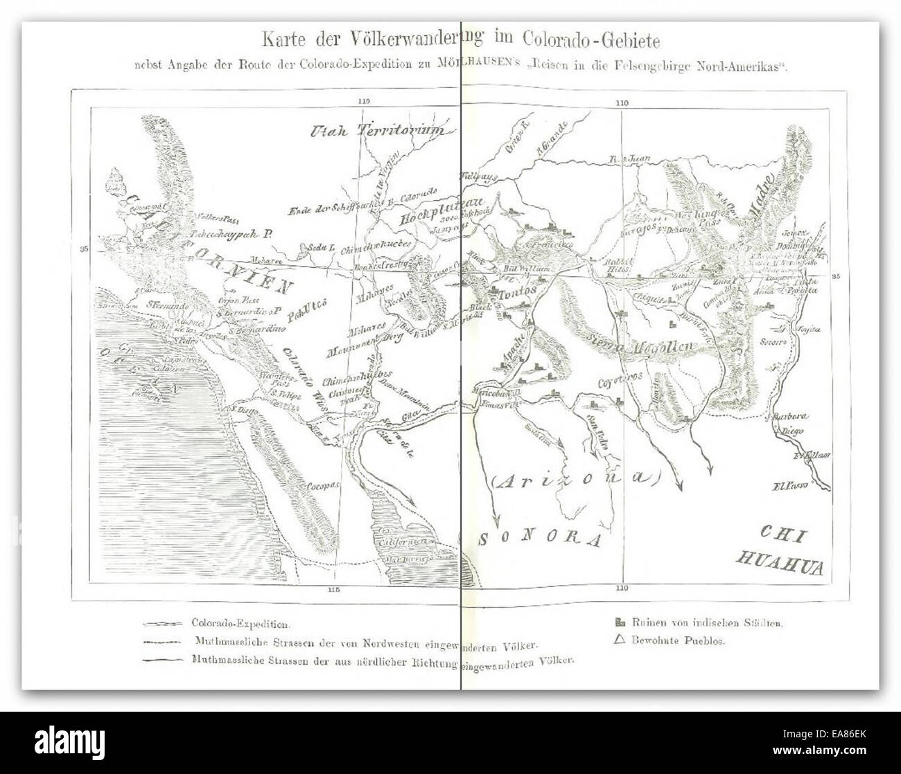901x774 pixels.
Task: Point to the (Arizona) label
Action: (575, 477)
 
